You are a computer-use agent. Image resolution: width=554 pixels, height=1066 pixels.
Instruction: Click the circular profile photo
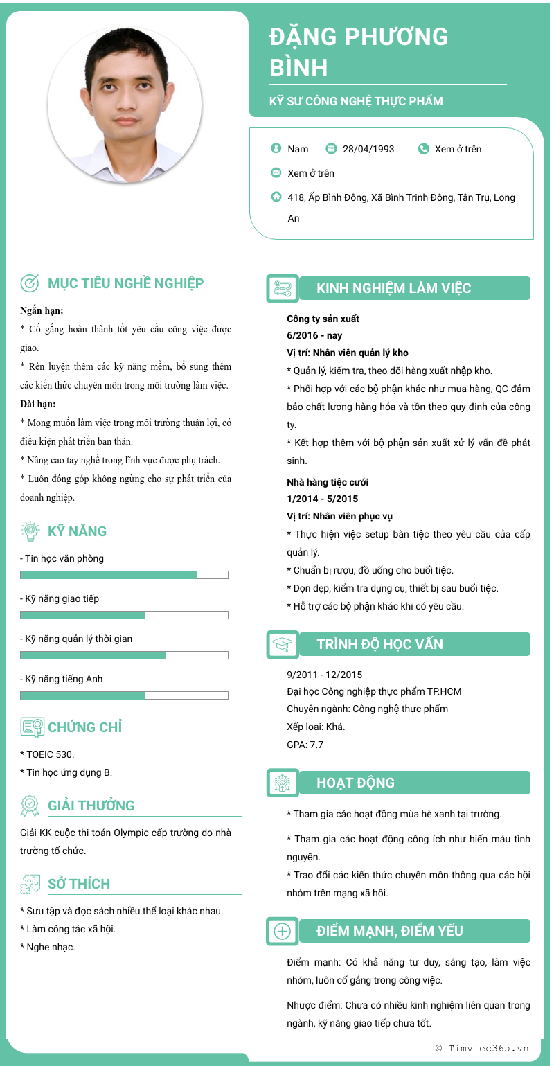tap(125, 105)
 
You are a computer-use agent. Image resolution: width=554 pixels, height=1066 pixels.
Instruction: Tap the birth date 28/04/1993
tap(368, 149)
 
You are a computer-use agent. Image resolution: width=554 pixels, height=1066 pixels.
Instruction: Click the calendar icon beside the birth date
tap(331, 148)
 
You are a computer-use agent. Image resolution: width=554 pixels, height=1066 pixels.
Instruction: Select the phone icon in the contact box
tap(424, 148)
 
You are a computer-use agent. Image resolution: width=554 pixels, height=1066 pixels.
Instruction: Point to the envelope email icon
tap(276, 172)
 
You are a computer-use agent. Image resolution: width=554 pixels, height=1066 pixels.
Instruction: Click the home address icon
tap(276, 197)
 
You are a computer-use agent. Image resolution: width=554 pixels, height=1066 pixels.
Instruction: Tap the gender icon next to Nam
tap(276, 148)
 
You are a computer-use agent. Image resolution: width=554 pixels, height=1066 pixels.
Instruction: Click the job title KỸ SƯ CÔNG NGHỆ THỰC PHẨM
tap(356, 101)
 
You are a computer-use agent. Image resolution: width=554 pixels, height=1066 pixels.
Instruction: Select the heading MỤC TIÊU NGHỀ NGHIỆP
tap(125, 283)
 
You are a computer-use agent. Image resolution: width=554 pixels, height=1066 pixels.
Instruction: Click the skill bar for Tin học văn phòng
tap(124, 574)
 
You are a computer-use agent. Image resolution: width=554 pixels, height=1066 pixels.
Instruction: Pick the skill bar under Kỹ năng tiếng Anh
tap(124, 695)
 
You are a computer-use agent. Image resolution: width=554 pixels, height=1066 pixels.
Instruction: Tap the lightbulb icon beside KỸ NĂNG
tap(30, 531)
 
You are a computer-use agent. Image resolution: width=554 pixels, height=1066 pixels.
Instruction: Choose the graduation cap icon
tap(282, 645)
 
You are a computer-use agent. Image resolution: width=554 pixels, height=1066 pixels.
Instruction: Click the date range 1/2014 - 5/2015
tap(322, 499)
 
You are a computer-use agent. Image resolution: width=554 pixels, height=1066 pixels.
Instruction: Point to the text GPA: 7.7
tap(305, 745)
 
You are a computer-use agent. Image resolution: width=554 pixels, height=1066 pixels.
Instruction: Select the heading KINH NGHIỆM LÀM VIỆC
tap(393, 289)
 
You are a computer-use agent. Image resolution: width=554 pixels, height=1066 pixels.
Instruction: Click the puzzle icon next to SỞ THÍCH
tap(30, 884)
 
